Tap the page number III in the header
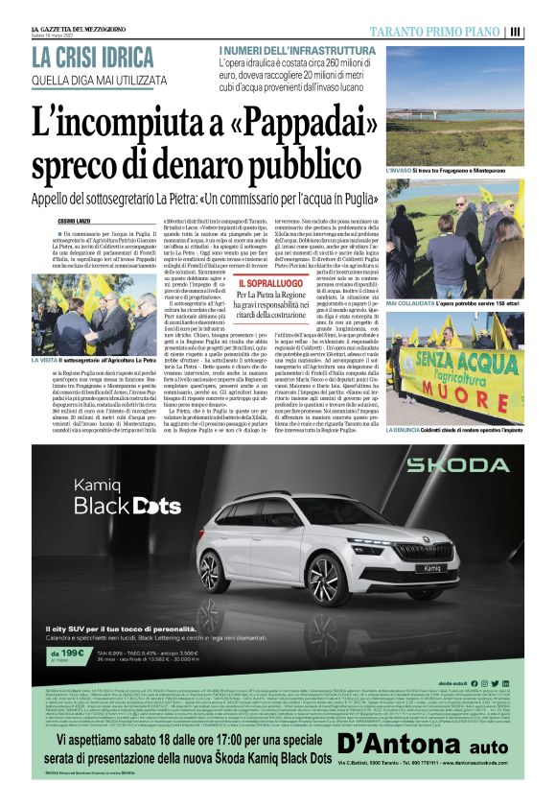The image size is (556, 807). click(543, 32)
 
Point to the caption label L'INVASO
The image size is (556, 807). click(403, 169)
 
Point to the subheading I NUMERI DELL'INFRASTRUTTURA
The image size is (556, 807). click(299, 49)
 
